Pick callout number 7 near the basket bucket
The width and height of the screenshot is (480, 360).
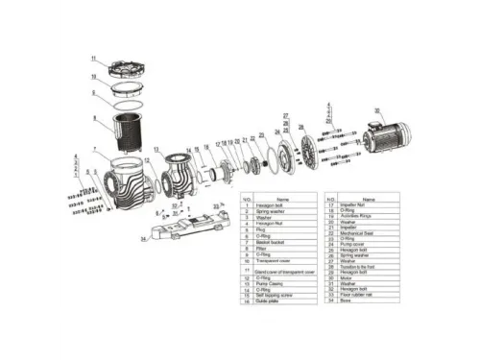(95, 151)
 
